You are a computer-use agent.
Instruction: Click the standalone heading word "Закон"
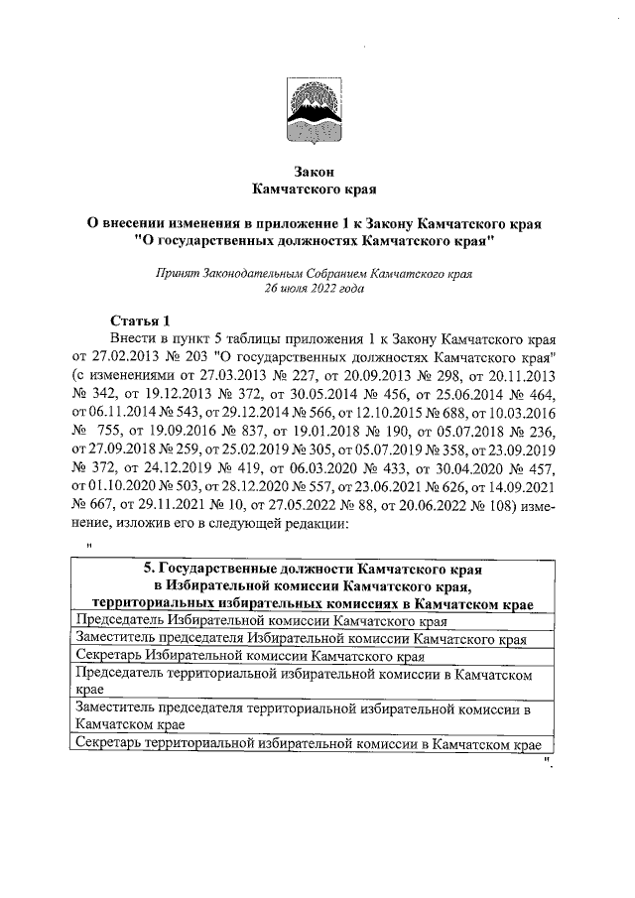pyautogui.click(x=316, y=170)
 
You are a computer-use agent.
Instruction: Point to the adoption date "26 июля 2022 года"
pyautogui.click(x=316, y=289)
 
